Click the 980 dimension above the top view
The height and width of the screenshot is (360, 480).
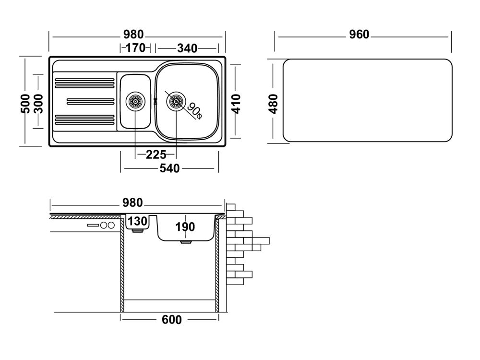[133, 35]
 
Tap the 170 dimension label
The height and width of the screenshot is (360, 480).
[135, 48]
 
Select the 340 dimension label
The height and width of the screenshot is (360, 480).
[187, 48]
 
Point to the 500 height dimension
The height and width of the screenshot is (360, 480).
[26, 102]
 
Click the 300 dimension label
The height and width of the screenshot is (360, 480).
[39, 102]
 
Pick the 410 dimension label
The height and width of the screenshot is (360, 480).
[235, 103]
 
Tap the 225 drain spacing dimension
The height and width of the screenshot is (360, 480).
[156, 154]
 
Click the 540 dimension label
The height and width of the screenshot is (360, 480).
[169, 168]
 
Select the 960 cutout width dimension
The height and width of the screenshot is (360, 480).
[359, 35]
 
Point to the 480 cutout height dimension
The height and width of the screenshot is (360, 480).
[274, 103]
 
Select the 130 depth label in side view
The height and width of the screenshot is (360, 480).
[138, 222]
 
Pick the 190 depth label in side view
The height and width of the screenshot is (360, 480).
[185, 226]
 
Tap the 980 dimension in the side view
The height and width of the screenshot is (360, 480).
[132, 203]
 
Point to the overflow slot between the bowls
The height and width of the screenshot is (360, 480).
[155, 101]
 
